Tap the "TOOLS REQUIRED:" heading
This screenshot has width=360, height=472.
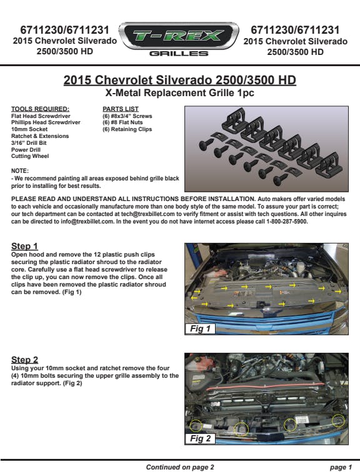coord(40,109)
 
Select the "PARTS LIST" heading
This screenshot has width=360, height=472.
coord(121,109)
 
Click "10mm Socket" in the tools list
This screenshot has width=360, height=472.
coord(29,129)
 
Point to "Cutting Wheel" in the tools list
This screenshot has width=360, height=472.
coord(30,156)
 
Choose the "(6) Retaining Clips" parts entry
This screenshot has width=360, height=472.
coord(127,129)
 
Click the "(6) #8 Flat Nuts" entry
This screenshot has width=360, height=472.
coord(122,122)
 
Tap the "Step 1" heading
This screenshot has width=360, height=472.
coord(24,246)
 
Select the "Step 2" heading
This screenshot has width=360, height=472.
coord(24,360)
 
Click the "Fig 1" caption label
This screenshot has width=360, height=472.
coord(200,328)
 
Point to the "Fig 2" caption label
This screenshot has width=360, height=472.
coord(200,438)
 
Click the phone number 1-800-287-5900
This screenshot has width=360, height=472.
coord(286,222)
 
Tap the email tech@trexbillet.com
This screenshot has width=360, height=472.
coord(147,214)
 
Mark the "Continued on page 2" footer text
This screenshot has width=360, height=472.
coord(180,467)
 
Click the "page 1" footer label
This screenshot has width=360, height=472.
coord(341,467)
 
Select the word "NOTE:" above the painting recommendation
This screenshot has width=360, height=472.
coord(20,170)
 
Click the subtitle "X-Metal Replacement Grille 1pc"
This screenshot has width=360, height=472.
coord(179,92)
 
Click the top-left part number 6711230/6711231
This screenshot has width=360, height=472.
coord(64,30)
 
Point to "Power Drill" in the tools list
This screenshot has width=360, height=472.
coord(26,150)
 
